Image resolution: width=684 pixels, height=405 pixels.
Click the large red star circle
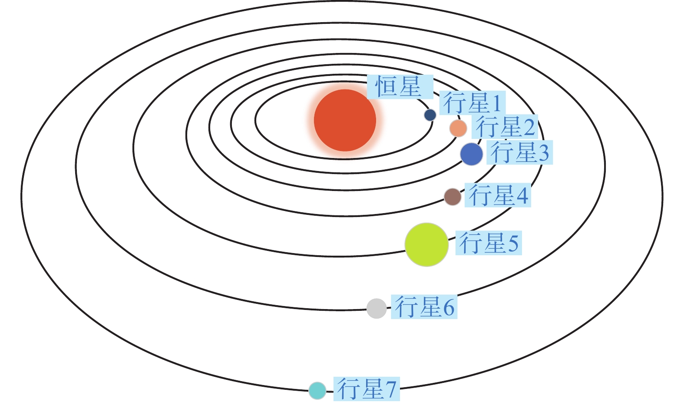pyautogui.click(x=345, y=120)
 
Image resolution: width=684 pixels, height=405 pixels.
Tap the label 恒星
pyautogui.click(x=399, y=86)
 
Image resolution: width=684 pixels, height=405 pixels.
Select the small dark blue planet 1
pyautogui.click(x=430, y=115)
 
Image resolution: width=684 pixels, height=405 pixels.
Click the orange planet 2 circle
pyautogui.click(x=458, y=128)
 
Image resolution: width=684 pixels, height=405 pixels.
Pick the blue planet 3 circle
pyautogui.click(x=472, y=154)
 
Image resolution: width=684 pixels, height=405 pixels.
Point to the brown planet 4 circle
pyautogui.click(x=453, y=197)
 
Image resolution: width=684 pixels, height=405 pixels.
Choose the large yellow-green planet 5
pyautogui.click(x=426, y=244)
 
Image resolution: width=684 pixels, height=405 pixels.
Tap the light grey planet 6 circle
pyautogui.click(x=377, y=309)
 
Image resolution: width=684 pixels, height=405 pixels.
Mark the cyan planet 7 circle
pyautogui.click(x=317, y=390)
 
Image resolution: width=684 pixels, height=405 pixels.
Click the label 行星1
pyautogui.click(x=472, y=103)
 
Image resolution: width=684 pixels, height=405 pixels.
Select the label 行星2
pyautogui.click(x=505, y=127)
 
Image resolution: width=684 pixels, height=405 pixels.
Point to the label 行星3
pyautogui.click(x=519, y=152)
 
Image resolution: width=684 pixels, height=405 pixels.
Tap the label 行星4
pyautogui.click(x=498, y=195)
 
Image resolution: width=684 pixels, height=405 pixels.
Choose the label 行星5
pyautogui.click(x=489, y=243)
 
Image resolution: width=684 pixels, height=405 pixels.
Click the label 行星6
pyautogui.click(x=424, y=307)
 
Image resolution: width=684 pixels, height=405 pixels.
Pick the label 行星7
pyautogui.click(x=367, y=389)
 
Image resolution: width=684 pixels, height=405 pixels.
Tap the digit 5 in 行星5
pyautogui.click(x=513, y=244)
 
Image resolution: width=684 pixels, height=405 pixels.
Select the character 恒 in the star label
pyautogui.click(x=386, y=86)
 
